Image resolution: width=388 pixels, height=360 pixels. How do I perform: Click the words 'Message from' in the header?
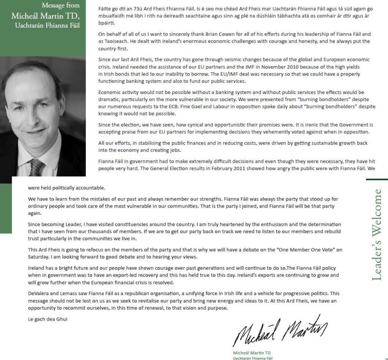[x=61, y=5]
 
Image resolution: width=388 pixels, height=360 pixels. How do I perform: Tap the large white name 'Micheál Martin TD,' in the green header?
[x=45, y=16]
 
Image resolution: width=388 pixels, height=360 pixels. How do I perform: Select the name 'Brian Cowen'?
[x=201, y=34]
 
